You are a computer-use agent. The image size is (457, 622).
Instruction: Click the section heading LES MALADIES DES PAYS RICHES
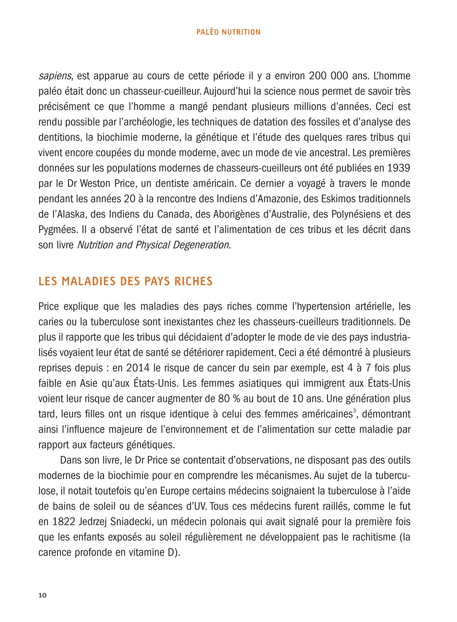point(125,281)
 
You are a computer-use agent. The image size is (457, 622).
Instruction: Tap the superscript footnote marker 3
point(354,411)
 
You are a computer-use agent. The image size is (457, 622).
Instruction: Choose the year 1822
point(63,522)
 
